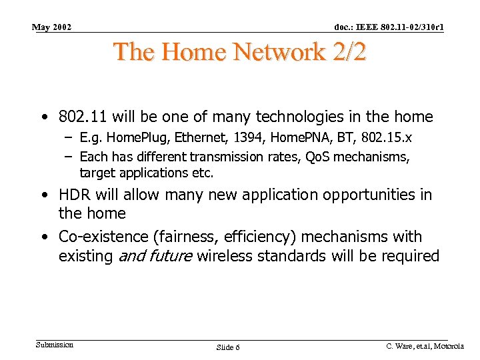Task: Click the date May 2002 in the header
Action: (51, 27)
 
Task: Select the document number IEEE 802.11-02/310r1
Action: (390, 27)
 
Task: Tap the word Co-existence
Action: (97, 237)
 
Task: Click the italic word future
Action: (171, 256)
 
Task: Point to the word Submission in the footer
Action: (54, 345)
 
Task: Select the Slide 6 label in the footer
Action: (229, 347)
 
